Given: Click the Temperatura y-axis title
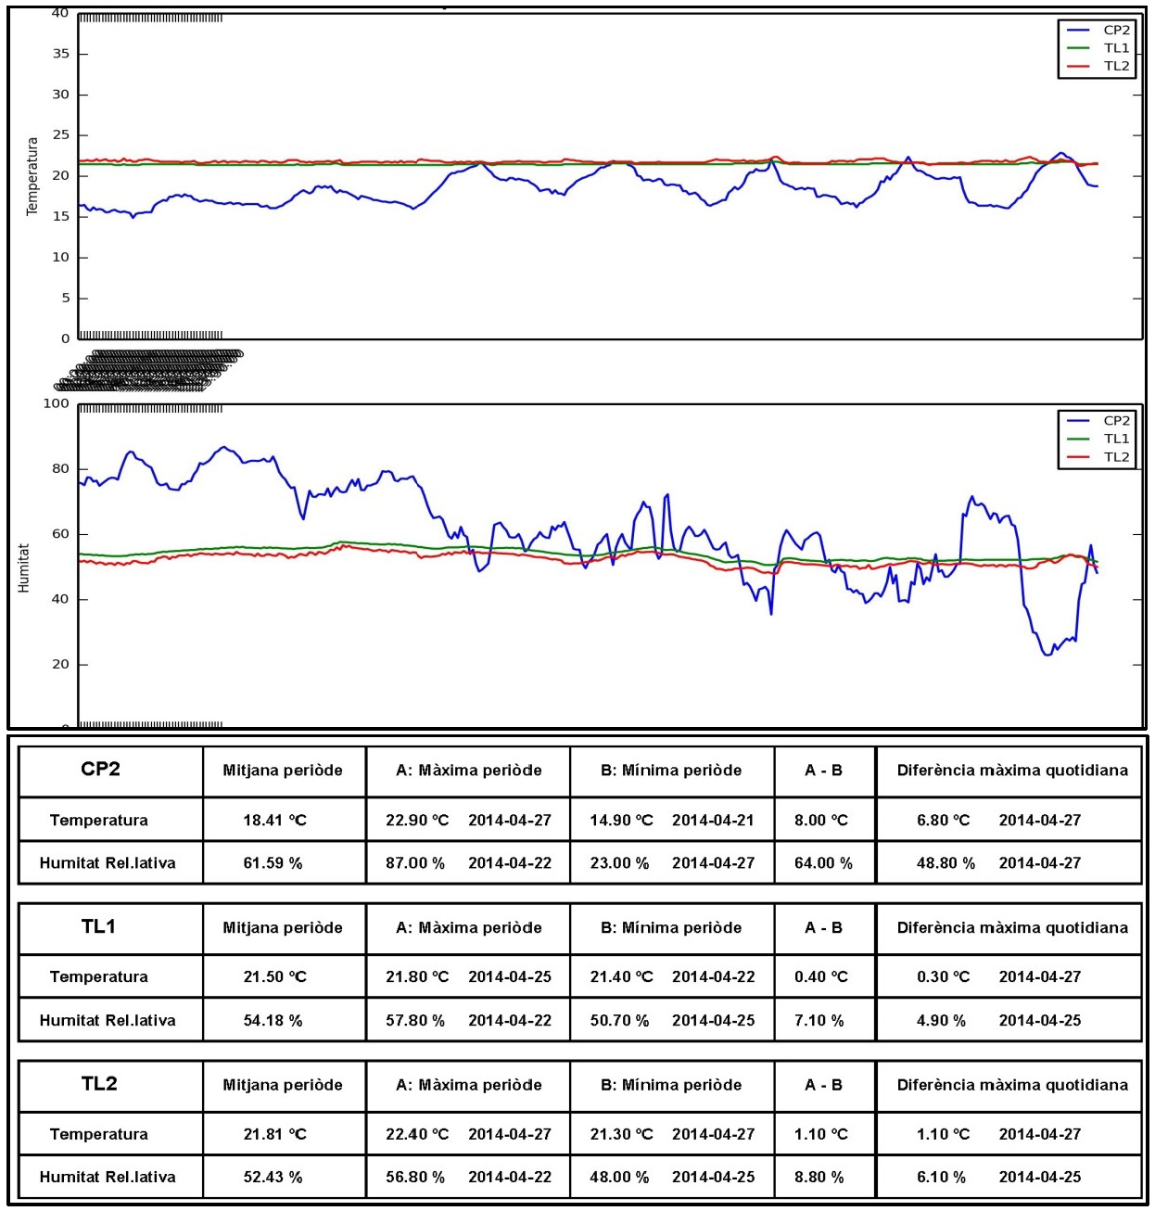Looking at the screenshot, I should (32, 176).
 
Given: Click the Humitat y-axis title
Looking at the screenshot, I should (24, 567).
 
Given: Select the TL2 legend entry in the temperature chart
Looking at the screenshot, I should (1116, 67).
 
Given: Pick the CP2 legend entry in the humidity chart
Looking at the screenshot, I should (1116, 421).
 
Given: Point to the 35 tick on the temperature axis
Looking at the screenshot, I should (61, 54).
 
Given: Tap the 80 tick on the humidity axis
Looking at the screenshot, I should (61, 469).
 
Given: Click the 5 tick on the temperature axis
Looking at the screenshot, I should (66, 299).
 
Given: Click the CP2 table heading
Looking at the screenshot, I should (100, 769).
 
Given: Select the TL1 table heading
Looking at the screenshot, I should (98, 926).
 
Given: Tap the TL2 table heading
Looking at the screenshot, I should (99, 1083).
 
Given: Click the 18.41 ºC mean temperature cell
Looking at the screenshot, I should (274, 821).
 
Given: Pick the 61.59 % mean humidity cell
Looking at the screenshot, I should (273, 863).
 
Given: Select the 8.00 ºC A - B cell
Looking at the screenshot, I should (821, 821).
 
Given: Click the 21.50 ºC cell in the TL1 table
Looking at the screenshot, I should (274, 977).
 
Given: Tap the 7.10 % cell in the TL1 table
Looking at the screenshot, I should (819, 1021).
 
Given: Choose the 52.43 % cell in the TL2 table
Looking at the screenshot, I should (273, 1178).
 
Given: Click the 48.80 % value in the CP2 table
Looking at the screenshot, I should (946, 863).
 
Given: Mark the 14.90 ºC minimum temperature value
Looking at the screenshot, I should (621, 821).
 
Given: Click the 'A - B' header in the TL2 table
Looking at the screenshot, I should (823, 1085).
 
